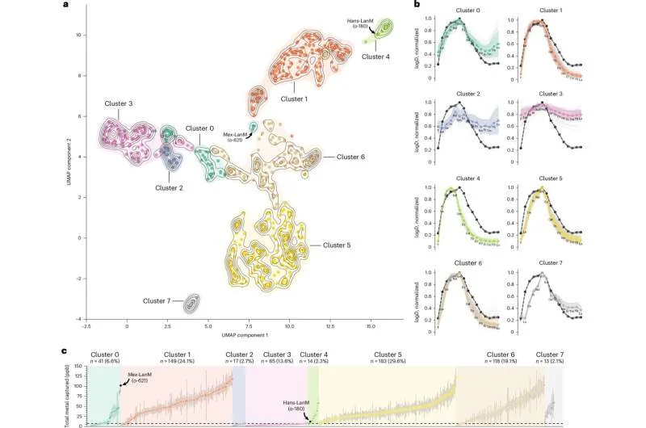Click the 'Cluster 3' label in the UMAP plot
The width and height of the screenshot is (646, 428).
119,104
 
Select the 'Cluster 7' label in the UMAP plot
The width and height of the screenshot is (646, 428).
158,301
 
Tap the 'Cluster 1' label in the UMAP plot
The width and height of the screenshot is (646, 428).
294,99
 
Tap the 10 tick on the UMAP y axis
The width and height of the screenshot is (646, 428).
78,35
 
